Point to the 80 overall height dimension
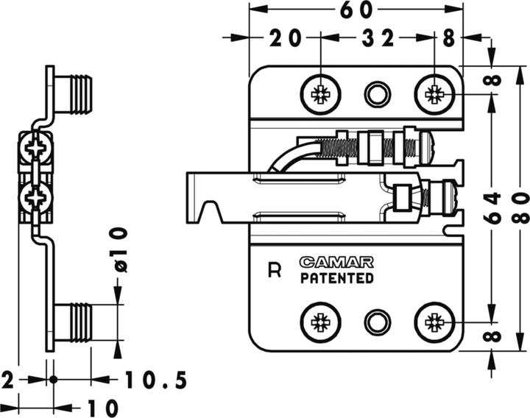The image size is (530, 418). pos(520,208)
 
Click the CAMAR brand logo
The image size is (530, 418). pos(336,262)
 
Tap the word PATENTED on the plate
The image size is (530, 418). pos(336,278)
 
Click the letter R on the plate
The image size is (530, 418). pos(275,270)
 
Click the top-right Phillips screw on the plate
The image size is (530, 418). pos(434,93)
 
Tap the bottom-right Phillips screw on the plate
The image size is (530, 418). pos(434,322)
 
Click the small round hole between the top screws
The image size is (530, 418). pos(377,93)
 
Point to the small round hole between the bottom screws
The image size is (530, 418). pos(377,322)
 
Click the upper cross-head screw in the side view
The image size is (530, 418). pos(37,149)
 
